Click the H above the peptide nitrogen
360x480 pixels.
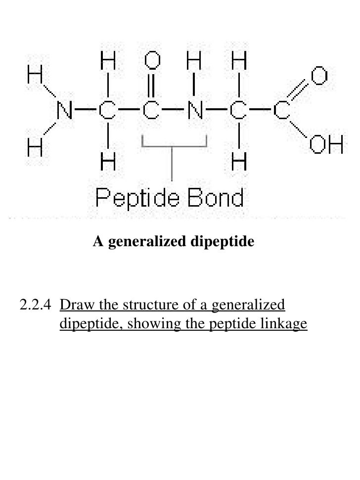pyautogui.click(x=194, y=64)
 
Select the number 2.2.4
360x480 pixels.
pyautogui.click(x=35, y=305)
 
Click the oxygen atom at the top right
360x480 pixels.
pyautogui.click(x=319, y=77)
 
